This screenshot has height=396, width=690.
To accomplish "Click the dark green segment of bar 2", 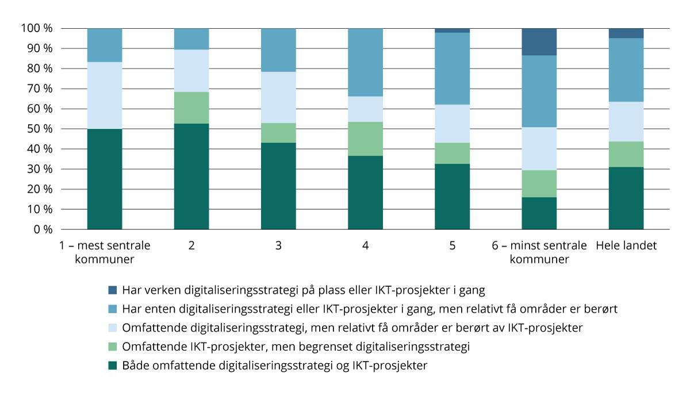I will pyautogui.click(x=191, y=176).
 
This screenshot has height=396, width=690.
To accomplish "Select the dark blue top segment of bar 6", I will pyautogui.click(x=539, y=41).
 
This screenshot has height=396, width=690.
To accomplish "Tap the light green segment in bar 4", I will pyautogui.click(x=365, y=139).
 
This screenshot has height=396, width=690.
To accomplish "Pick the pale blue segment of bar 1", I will pyautogui.click(x=105, y=95).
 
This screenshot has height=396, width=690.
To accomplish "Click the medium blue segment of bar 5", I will pyautogui.click(x=452, y=68).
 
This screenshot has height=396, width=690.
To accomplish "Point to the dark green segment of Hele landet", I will pyautogui.click(x=626, y=198).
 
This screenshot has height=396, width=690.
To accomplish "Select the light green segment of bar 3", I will pyautogui.click(x=278, y=133).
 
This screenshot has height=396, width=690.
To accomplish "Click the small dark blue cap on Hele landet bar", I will pyautogui.click(x=626, y=33).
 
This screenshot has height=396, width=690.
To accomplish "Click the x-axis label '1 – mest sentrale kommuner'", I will pyautogui.click(x=105, y=252).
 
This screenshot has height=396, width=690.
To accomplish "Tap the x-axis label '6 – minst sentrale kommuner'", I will pyautogui.click(x=539, y=252).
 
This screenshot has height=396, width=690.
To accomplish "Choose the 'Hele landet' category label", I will pyautogui.click(x=626, y=245).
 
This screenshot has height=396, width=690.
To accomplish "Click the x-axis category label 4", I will pyautogui.click(x=365, y=245).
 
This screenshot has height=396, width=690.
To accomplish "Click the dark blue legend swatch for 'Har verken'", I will pyautogui.click(x=113, y=290).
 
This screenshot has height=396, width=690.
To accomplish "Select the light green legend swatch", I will pyautogui.click(x=113, y=347).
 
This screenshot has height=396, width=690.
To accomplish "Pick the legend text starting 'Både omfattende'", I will pyautogui.click(x=274, y=366).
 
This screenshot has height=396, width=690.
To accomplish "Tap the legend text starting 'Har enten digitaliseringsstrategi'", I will pyautogui.click(x=369, y=309).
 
